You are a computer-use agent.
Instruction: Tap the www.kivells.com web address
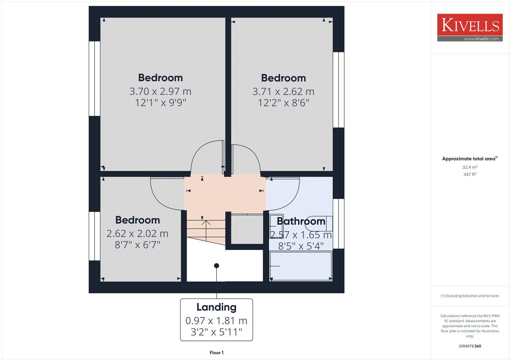click(x=481, y=39)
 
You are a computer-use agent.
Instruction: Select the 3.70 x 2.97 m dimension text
click(x=160, y=92)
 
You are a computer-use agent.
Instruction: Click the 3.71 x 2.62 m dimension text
click(x=283, y=92)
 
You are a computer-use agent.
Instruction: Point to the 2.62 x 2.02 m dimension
click(x=137, y=234)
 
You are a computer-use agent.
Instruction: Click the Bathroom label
click(x=301, y=221)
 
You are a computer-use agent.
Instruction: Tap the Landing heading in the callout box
click(x=217, y=307)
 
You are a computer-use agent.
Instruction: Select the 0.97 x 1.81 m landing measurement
click(x=217, y=321)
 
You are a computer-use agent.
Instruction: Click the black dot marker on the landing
click(x=217, y=266)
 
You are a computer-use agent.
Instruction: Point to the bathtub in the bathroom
click(x=301, y=266)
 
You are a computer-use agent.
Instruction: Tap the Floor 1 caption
click(x=217, y=353)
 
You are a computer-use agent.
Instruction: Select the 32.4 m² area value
click(x=470, y=167)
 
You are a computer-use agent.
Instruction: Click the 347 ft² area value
click(x=470, y=175)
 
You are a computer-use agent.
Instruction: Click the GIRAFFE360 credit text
click(x=470, y=346)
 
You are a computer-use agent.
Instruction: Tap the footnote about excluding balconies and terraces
click(x=470, y=296)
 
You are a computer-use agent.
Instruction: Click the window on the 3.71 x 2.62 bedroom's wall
click(x=339, y=90)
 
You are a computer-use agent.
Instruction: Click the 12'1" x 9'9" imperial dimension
click(x=160, y=103)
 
